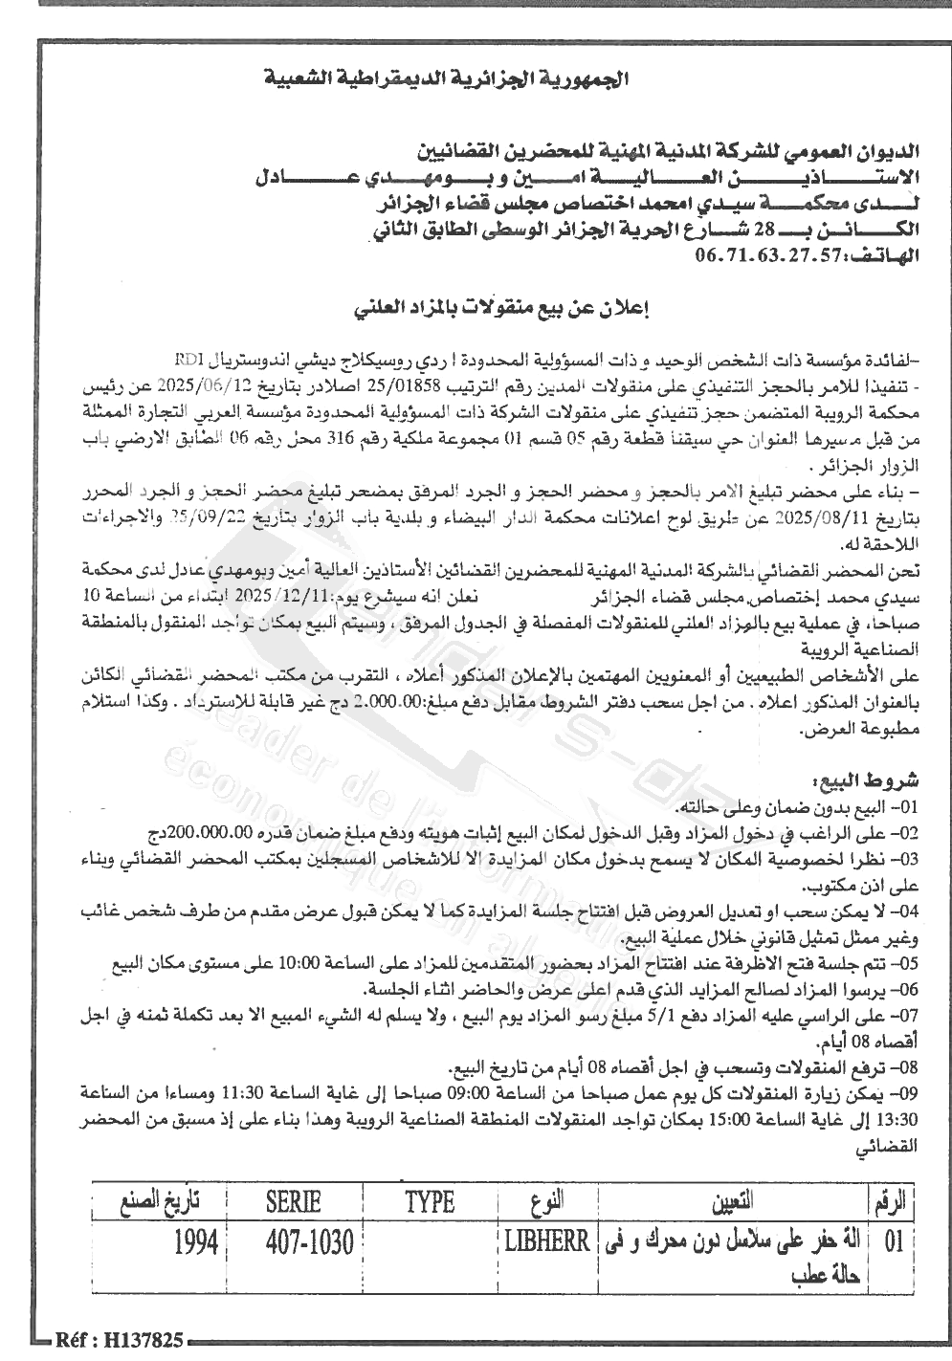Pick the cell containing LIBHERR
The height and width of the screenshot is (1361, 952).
(546, 1242)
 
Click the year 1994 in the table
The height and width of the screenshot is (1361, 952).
(196, 1243)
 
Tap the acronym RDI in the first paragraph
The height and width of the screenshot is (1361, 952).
(188, 360)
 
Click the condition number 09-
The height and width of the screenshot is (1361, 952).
(903, 1091)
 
